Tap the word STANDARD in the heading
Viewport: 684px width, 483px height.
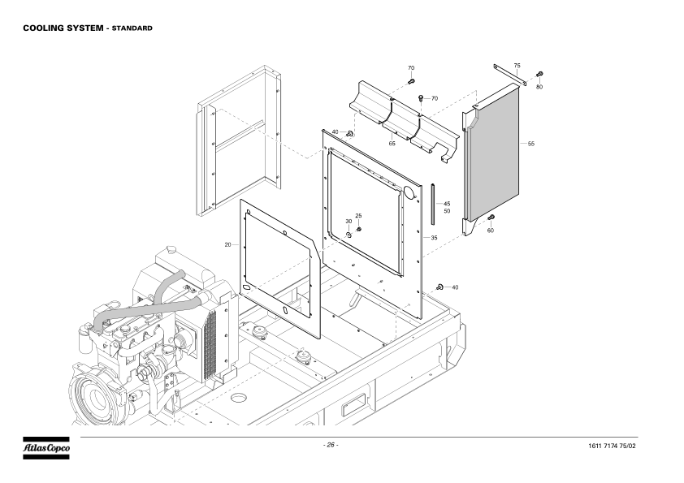click(132, 28)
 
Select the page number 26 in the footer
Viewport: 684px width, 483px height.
click(330, 445)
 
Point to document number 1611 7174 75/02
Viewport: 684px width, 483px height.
click(622, 446)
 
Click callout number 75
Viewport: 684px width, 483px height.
click(517, 64)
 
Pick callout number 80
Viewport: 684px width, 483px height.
click(539, 86)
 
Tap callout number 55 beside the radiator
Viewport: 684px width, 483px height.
click(530, 144)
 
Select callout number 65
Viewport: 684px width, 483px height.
click(392, 144)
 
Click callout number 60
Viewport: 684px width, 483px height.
click(491, 231)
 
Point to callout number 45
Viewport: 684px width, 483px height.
click(447, 203)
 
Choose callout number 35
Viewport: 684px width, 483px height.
click(434, 238)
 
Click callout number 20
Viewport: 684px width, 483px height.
click(227, 244)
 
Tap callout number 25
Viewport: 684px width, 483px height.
click(358, 216)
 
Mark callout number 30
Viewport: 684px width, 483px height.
click(348, 221)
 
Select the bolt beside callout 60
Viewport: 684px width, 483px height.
click(491, 218)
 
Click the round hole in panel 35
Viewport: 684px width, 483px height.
click(409, 193)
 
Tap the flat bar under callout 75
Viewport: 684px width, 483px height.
click(510, 74)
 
